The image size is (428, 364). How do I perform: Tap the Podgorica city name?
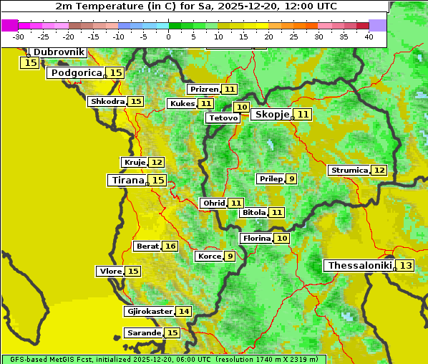[x=77, y=73]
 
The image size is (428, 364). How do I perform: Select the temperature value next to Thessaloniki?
[x=405, y=266]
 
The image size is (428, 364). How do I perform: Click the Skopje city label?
[x=271, y=115]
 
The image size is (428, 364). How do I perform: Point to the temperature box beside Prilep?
[x=291, y=178]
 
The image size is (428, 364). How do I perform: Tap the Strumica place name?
[x=349, y=171]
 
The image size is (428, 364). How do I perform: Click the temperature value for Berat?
[x=170, y=246]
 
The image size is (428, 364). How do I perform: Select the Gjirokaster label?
[x=149, y=312]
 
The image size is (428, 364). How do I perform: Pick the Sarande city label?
[x=143, y=333]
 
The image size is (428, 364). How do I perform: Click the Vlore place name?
[x=110, y=272]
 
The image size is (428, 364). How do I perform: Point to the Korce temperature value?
[x=230, y=257]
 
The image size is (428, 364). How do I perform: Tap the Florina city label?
[x=256, y=239]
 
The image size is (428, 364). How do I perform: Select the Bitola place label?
[x=254, y=213]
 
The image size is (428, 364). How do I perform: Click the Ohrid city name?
[x=213, y=203]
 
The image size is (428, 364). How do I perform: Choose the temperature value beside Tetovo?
[x=242, y=107]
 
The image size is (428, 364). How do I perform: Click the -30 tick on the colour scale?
[x=19, y=37]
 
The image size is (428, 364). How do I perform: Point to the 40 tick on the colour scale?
[x=369, y=37]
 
